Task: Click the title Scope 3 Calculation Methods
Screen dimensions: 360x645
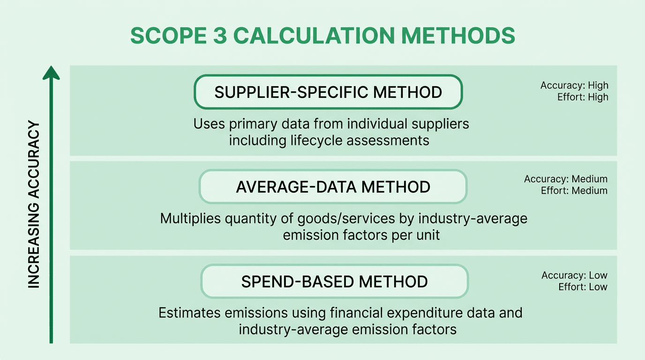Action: coord(322,36)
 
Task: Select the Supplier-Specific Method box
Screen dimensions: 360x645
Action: coord(328,92)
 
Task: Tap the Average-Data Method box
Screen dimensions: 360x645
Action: coord(333,187)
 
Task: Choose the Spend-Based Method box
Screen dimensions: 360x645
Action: coord(334,282)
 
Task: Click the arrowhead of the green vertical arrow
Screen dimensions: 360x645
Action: coord(51,73)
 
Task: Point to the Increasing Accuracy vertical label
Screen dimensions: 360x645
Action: coord(34,204)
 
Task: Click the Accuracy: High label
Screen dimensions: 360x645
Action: coord(574,85)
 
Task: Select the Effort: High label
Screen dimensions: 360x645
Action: coord(583,97)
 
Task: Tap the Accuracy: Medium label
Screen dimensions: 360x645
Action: coord(566,179)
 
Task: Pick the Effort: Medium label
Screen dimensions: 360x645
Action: coord(574,191)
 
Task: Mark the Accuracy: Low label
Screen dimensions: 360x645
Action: coord(574,275)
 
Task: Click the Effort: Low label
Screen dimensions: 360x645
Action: coord(583,287)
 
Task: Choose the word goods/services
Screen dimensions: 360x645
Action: coord(342,218)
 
